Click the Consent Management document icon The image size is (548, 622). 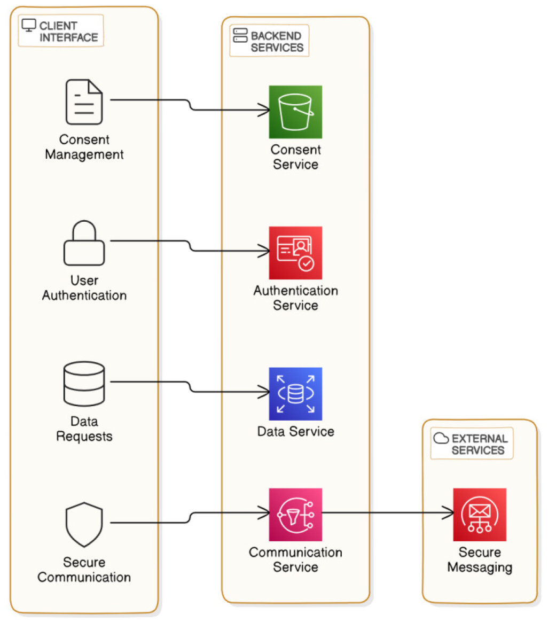(84, 102)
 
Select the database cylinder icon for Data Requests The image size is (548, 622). (84, 383)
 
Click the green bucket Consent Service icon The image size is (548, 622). (295, 112)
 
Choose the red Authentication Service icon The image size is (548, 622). (295, 252)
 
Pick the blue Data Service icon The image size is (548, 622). (295, 394)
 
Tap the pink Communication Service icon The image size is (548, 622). (295, 514)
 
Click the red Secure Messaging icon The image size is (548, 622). (479, 514)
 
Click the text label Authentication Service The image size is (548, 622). (295, 298)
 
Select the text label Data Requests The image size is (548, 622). (84, 429)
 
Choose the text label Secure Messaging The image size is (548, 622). (479, 559)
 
